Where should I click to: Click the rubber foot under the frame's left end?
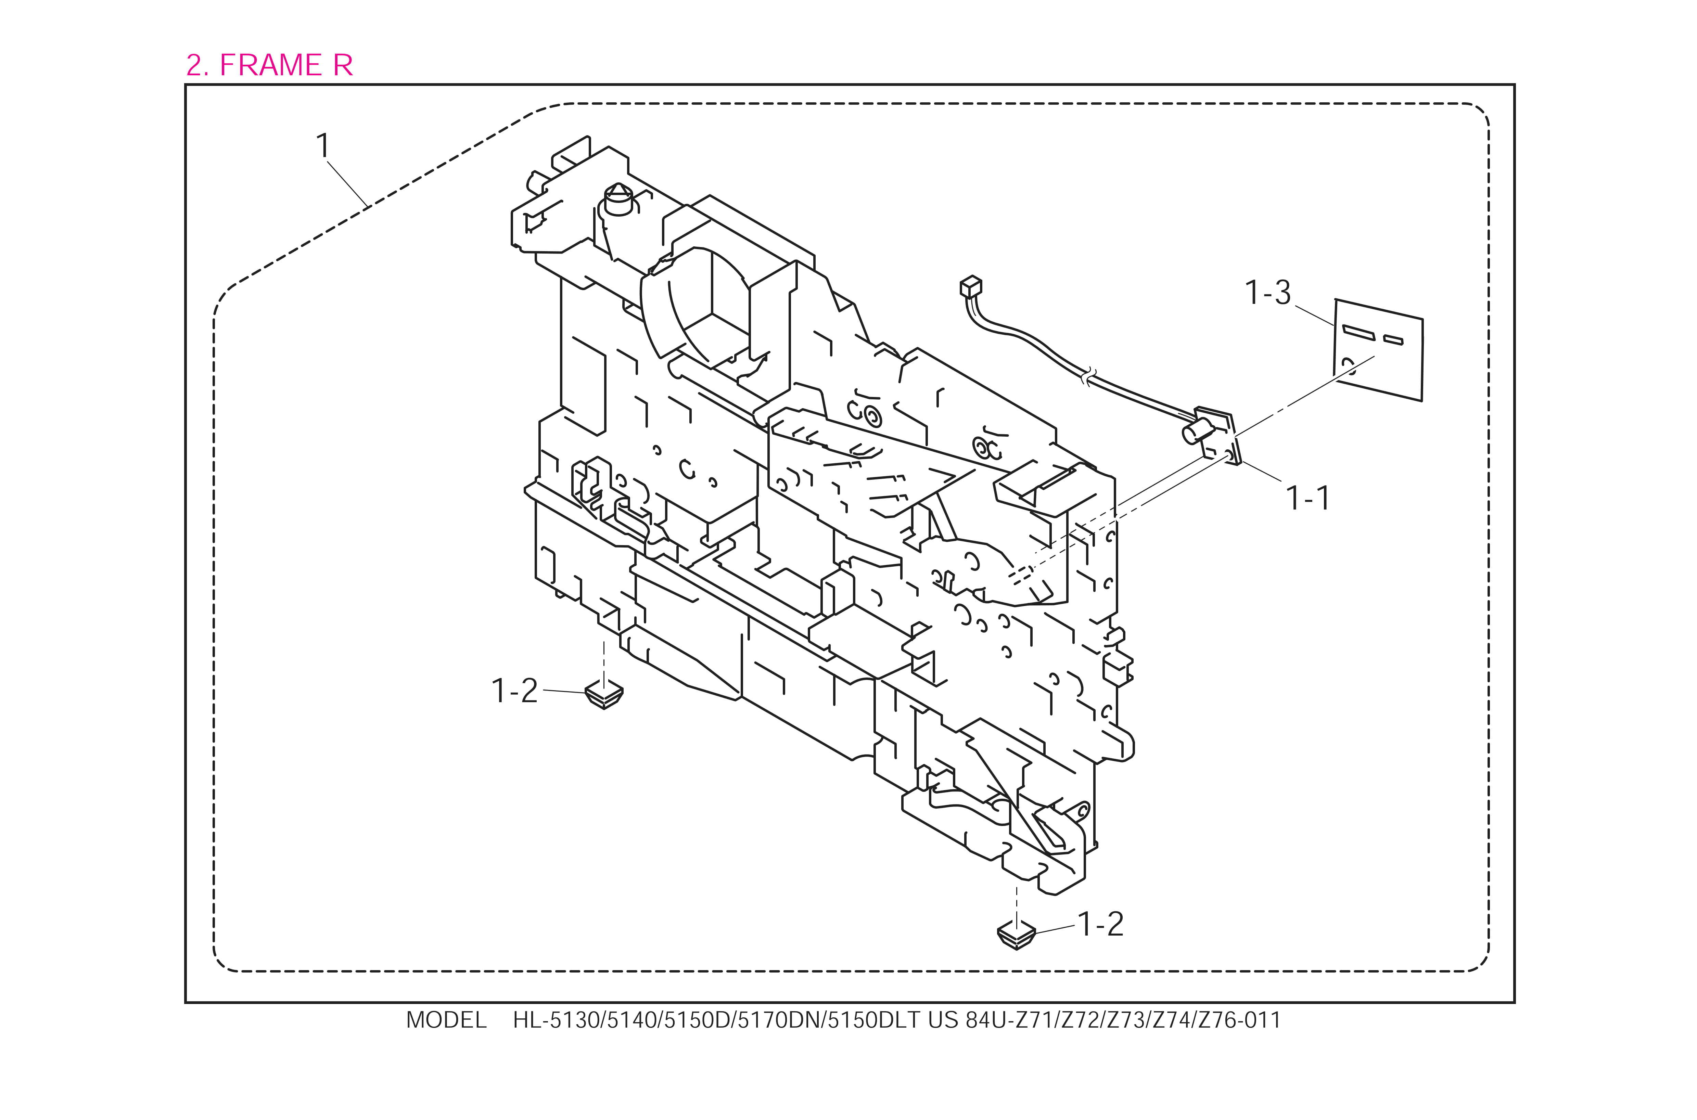604,694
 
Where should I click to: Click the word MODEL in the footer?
446,1020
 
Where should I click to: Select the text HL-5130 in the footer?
557,1020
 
